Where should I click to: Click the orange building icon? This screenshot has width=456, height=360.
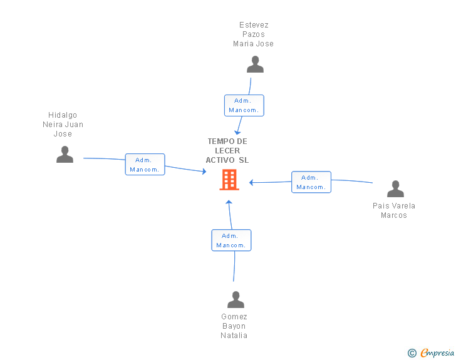(x=229, y=180)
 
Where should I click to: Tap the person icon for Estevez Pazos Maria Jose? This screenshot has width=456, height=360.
(x=255, y=64)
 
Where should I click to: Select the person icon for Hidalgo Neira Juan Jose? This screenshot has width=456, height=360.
(x=65, y=155)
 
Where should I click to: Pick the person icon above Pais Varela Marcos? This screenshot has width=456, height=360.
(x=395, y=188)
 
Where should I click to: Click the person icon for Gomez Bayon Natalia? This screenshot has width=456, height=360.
(x=236, y=299)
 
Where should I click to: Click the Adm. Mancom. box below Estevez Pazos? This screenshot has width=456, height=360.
(x=244, y=105)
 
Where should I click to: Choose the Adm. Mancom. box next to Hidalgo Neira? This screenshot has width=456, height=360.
(x=145, y=164)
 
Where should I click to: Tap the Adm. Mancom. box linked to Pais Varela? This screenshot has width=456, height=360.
(x=311, y=182)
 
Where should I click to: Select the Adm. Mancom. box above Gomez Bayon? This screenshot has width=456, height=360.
(x=231, y=240)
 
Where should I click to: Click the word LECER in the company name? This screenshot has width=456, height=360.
(x=227, y=151)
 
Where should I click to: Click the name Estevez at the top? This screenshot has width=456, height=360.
(x=254, y=25)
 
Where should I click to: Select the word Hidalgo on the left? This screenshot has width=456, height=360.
(x=63, y=115)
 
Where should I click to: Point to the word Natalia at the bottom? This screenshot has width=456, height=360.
(x=234, y=336)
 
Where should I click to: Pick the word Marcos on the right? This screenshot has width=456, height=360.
(x=394, y=215)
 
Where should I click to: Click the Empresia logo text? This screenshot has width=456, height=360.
(x=437, y=352)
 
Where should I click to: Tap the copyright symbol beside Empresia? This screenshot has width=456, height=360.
(x=412, y=353)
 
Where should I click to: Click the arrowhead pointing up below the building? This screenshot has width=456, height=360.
(x=229, y=202)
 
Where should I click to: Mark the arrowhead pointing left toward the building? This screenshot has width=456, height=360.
(x=251, y=182)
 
